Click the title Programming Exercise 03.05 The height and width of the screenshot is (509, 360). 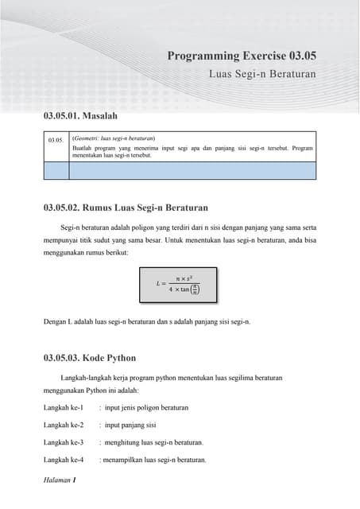242,56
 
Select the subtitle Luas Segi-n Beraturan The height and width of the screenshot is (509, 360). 262,74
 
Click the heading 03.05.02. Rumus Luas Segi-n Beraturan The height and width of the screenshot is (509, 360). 126,208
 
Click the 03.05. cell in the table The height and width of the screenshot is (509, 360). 56,140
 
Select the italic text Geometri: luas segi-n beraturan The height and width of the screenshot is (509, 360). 114,138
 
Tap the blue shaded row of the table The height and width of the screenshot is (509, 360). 180,169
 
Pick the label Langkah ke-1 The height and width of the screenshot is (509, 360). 64,407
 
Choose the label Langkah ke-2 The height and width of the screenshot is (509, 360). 64,425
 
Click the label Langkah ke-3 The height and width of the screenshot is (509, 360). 64,442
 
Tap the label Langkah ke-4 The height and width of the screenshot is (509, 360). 64,460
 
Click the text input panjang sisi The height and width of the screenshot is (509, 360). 130,425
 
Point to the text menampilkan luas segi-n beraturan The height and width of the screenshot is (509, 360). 153,460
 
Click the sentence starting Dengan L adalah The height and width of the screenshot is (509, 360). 147,322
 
